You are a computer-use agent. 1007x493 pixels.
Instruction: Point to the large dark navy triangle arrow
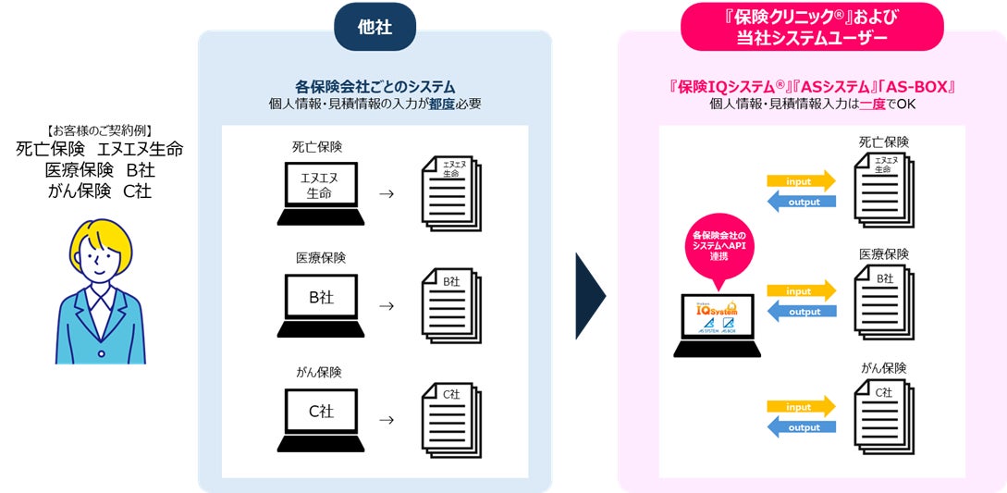(589, 296)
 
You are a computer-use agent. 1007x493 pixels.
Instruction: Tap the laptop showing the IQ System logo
(718, 324)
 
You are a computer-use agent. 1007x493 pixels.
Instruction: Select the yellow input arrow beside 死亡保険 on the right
(801, 179)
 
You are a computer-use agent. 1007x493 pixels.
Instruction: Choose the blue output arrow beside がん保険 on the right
(801, 427)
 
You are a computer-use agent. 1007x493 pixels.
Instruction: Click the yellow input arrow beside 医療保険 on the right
(801, 290)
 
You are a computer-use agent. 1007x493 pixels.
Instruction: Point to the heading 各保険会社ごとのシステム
(375, 86)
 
